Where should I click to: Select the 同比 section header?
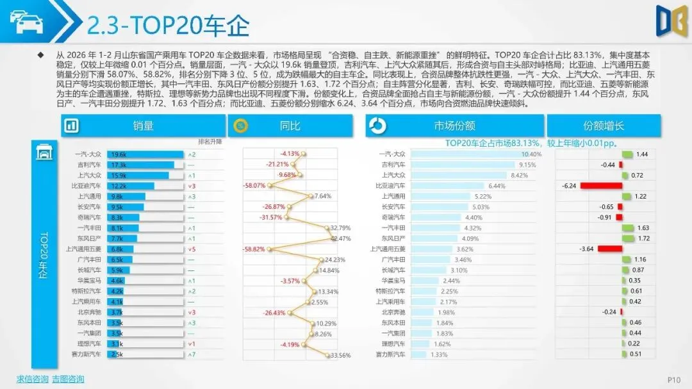pos(290,126)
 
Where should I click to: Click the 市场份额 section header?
pos(454,126)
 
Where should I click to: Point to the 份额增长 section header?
pos(603,126)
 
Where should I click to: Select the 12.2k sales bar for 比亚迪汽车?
pos(131,186)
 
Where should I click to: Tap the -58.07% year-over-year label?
pos(254,186)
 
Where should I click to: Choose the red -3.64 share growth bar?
pos(610,249)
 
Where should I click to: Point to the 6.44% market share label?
pos(497,186)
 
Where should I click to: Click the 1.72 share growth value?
pos(643,238)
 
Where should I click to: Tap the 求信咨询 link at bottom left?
pos(32,379)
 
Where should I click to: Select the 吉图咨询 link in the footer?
pos(68,379)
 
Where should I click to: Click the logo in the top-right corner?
pos(671,21)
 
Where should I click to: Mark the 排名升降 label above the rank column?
pos(210,142)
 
